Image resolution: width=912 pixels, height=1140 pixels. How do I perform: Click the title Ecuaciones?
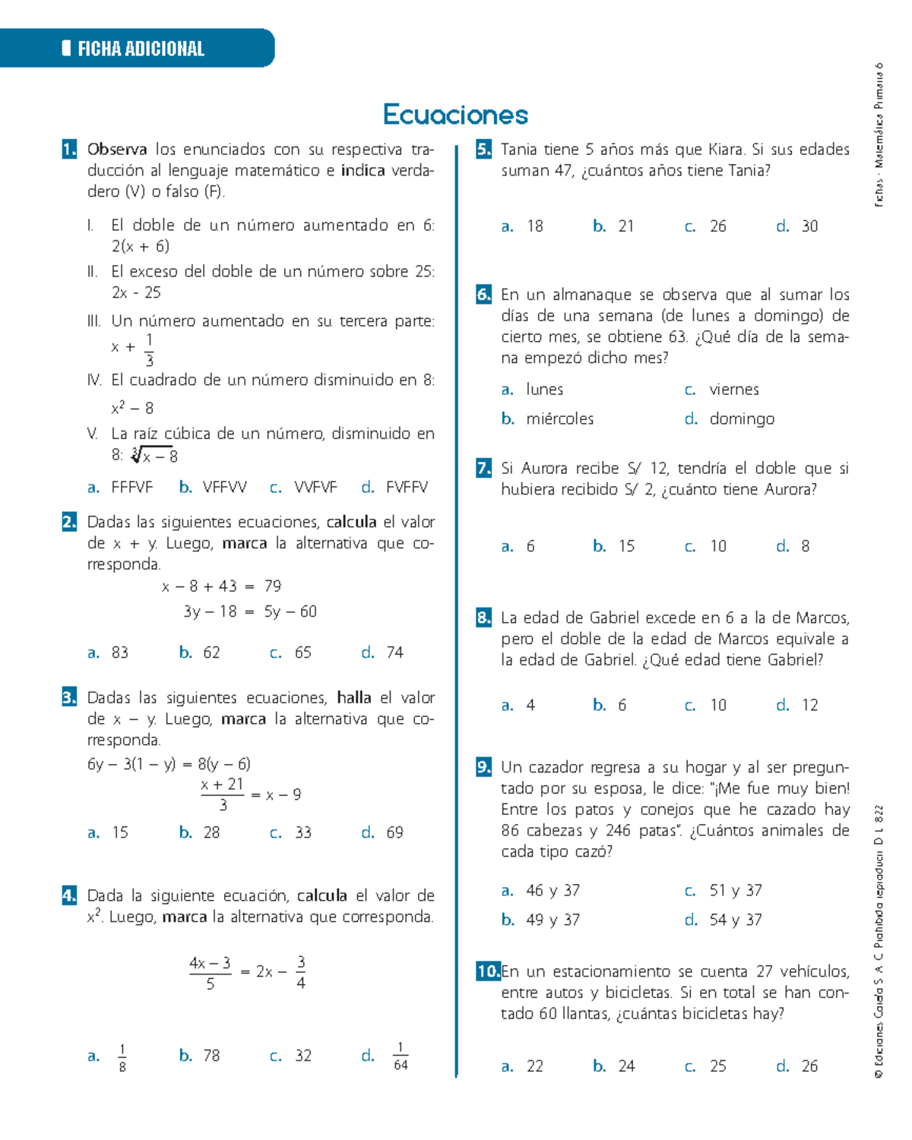point(455,115)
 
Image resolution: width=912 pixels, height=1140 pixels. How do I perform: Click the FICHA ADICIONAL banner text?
point(141,49)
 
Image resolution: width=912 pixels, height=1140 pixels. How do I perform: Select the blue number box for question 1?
point(69,149)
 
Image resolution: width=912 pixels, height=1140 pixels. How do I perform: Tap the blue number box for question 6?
point(483,295)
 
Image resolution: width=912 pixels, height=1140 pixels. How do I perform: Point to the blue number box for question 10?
point(488,971)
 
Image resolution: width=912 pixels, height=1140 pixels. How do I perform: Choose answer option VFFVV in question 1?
point(224,488)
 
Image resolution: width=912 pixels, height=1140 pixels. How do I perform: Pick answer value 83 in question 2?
point(120,652)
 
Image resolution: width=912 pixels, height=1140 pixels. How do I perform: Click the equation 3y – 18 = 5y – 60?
point(250,611)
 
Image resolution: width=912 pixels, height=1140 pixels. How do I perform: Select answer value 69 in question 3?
point(394,832)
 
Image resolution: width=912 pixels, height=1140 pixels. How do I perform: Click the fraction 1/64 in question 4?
point(401,1056)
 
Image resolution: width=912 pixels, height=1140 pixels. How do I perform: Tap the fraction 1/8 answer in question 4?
point(122,1056)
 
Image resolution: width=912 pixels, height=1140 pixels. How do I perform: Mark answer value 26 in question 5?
point(718,226)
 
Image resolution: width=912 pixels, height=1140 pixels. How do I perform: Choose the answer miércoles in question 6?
point(560,418)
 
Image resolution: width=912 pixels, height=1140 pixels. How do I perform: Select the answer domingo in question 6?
point(742,418)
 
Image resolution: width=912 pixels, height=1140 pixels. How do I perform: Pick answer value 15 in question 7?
point(626,546)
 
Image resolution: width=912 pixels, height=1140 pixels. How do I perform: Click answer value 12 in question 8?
point(810,705)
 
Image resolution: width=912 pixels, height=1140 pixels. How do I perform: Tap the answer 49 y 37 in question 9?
point(553,920)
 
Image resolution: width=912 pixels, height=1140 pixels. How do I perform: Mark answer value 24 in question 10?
point(626,1066)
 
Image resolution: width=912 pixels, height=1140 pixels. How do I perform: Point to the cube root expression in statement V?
point(155,456)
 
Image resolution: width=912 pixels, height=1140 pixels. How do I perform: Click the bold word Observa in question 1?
point(117,149)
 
